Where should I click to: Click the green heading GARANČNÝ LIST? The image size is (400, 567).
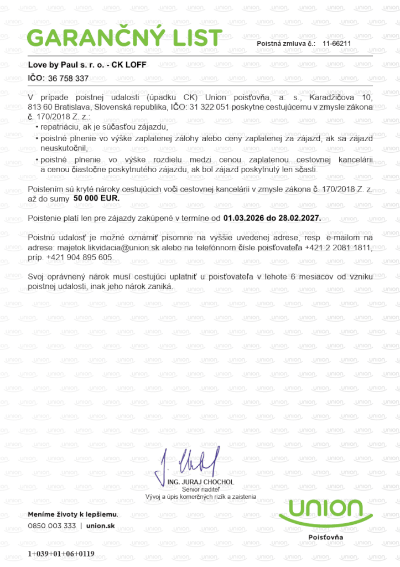coord(124,38)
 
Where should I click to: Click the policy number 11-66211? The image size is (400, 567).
coord(336,43)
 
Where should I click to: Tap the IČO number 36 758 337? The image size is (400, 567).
coord(69,79)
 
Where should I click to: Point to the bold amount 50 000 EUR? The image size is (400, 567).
coord(96,198)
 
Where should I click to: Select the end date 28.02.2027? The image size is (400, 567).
coord(298,218)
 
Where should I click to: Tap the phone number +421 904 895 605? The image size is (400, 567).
coord(81,257)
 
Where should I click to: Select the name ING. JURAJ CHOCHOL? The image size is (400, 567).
coord(200,482)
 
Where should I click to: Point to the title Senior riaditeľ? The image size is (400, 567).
coord(200,489)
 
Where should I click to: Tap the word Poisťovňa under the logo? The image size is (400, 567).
coord(325,537)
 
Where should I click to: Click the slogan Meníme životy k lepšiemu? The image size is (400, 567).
coord(72,514)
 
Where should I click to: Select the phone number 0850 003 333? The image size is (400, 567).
coord(52,525)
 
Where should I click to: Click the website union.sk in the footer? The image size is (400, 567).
coord(101,525)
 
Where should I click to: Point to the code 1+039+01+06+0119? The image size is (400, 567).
coord(61,554)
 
